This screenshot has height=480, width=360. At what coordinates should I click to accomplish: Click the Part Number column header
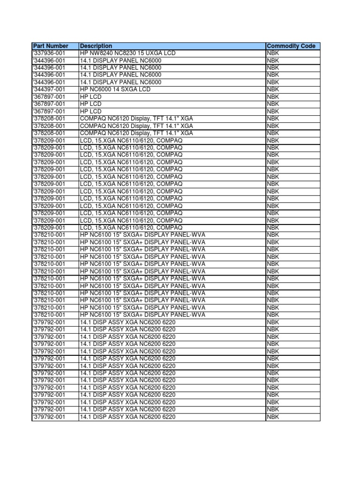[x=51, y=46]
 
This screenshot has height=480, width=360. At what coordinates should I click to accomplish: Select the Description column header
[x=97, y=46]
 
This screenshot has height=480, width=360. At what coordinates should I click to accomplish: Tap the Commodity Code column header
[x=291, y=46]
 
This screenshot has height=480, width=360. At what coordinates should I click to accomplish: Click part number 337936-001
[x=49, y=53]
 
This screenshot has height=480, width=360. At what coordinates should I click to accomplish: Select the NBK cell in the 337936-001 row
[x=273, y=53]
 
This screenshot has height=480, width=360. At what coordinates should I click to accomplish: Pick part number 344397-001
[x=49, y=90]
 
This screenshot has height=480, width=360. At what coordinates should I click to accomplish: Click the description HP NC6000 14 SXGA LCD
[x=115, y=90]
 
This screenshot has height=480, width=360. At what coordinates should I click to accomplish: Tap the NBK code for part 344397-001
[x=273, y=90]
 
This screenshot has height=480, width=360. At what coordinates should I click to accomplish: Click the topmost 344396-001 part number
[x=49, y=60]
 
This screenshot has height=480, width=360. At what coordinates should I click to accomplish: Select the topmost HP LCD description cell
[x=91, y=97]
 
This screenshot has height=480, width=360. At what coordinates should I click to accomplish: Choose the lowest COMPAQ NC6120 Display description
[x=136, y=133]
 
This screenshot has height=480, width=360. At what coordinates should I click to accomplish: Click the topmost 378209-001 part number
[x=49, y=140]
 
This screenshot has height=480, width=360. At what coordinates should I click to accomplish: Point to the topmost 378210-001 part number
[x=49, y=235]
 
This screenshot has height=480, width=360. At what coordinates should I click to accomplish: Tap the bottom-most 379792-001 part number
[x=49, y=417]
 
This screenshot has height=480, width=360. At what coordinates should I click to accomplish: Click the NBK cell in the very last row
[x=273, y=417]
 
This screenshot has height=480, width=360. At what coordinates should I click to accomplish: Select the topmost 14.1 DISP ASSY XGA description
[x=127, y=322]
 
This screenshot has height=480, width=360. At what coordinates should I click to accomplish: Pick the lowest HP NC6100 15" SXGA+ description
[x=142, y=315]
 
